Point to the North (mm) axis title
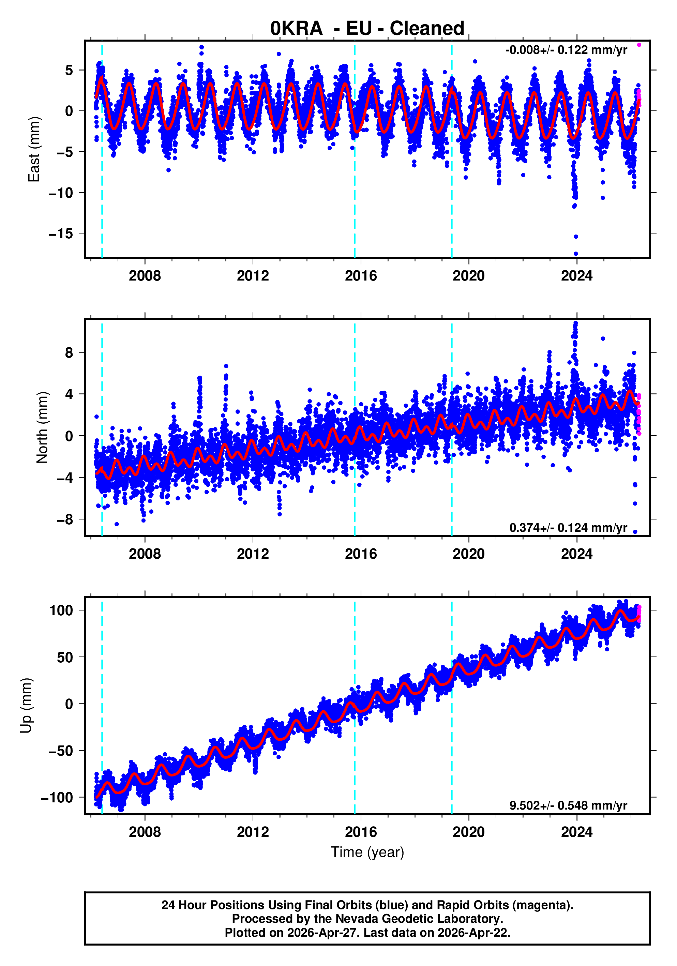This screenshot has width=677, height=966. (x=43, y=427)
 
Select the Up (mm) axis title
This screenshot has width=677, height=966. (x=26, y=706)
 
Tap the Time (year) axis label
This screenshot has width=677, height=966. (x=367, y=852)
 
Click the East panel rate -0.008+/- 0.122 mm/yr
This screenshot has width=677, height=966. (x=566, y=50)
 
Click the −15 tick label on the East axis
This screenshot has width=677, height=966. (x=61, y=233)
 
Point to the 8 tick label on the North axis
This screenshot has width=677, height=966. (x=69, y=352)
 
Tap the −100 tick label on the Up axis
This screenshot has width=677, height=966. (x=57, y=797)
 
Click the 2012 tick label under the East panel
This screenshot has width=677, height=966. (x=253, y=276)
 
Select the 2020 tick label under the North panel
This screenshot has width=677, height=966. (x=468, y=554)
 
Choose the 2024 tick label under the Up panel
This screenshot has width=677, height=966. (x=576, y=832)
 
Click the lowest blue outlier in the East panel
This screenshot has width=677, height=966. (x=576, y=254)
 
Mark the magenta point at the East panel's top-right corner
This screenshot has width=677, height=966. (x=639, y=45)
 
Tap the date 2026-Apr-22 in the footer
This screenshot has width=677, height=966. (x=472, y=933)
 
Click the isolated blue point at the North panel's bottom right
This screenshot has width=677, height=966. (x=635, y=532)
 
